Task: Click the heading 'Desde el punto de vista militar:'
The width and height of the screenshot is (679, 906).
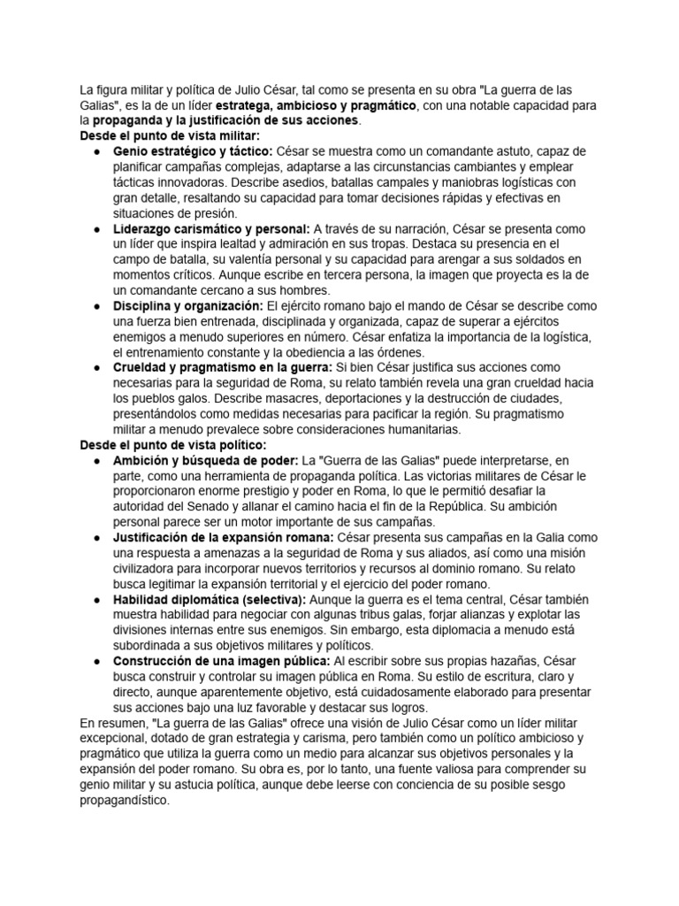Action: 170,135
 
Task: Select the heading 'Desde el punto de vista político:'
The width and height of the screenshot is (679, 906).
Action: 172,444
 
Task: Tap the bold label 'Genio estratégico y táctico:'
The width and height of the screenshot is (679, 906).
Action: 193,151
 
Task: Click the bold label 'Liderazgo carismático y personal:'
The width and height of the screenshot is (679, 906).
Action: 211,228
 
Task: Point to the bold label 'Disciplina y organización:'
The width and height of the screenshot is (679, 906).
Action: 187,305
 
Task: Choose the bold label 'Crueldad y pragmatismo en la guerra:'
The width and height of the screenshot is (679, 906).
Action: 222,367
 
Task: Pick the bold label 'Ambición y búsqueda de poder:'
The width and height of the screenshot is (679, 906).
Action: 206,460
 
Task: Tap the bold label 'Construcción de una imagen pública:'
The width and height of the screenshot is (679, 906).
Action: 221,661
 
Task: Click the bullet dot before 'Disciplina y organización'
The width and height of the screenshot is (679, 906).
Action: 95,305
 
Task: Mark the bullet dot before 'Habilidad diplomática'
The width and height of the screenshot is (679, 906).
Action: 95,599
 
